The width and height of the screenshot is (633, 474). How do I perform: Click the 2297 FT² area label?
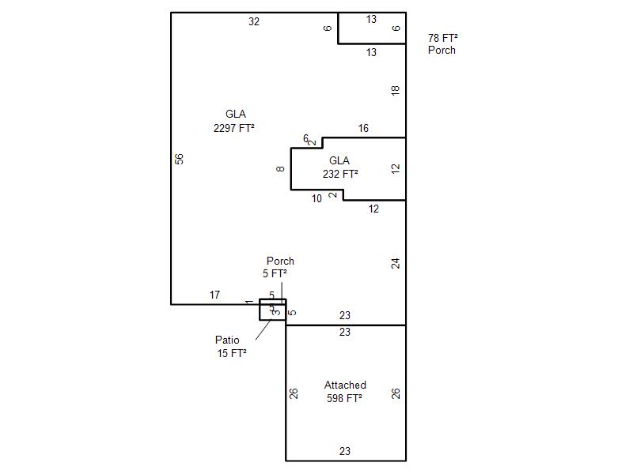pyautogui.click(x=234, y=127)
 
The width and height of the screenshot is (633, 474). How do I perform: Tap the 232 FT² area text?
pyautogui.click(x=340, y=174)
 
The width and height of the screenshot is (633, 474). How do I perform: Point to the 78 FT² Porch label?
pyautogui.click(x=443, y=43)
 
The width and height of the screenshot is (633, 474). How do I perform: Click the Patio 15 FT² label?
pyautogui.click(x=230, y=347)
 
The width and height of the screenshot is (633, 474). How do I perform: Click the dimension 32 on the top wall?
pyautogui.click(x=254, y=22)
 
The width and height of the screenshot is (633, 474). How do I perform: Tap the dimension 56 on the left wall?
pyautogui.click(x=180, y=159)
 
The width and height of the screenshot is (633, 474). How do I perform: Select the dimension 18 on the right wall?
pyautogui.click(x=396, y=91)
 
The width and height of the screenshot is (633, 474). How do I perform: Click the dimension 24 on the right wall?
pyautogui.click(x=396, y=263)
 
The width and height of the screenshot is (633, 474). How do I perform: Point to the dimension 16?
pyautogui.click(x=363, y=129)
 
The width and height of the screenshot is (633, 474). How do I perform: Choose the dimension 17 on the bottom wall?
pyautogui.click(x=214, y=295)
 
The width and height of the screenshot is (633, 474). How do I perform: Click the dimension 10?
pyautogui.click(x=316, y=199)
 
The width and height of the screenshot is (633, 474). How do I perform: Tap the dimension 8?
pyautogui.click(x=281, y=168)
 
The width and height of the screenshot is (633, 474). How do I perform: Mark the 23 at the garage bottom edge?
pyautogui.click(x=345, y=452)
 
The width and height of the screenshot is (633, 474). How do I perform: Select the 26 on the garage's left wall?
pyautogui.click(x=294, y=393)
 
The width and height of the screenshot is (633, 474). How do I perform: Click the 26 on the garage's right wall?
pyautogui.click(x=396, y=393)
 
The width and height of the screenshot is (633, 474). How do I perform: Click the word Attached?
pyautogui.click(x=345, y=386)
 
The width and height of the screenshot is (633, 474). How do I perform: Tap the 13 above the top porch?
pyautogui.click(x=371, y=20)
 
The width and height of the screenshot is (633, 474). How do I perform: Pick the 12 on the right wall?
pyautogui.click(x=396, y=168)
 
